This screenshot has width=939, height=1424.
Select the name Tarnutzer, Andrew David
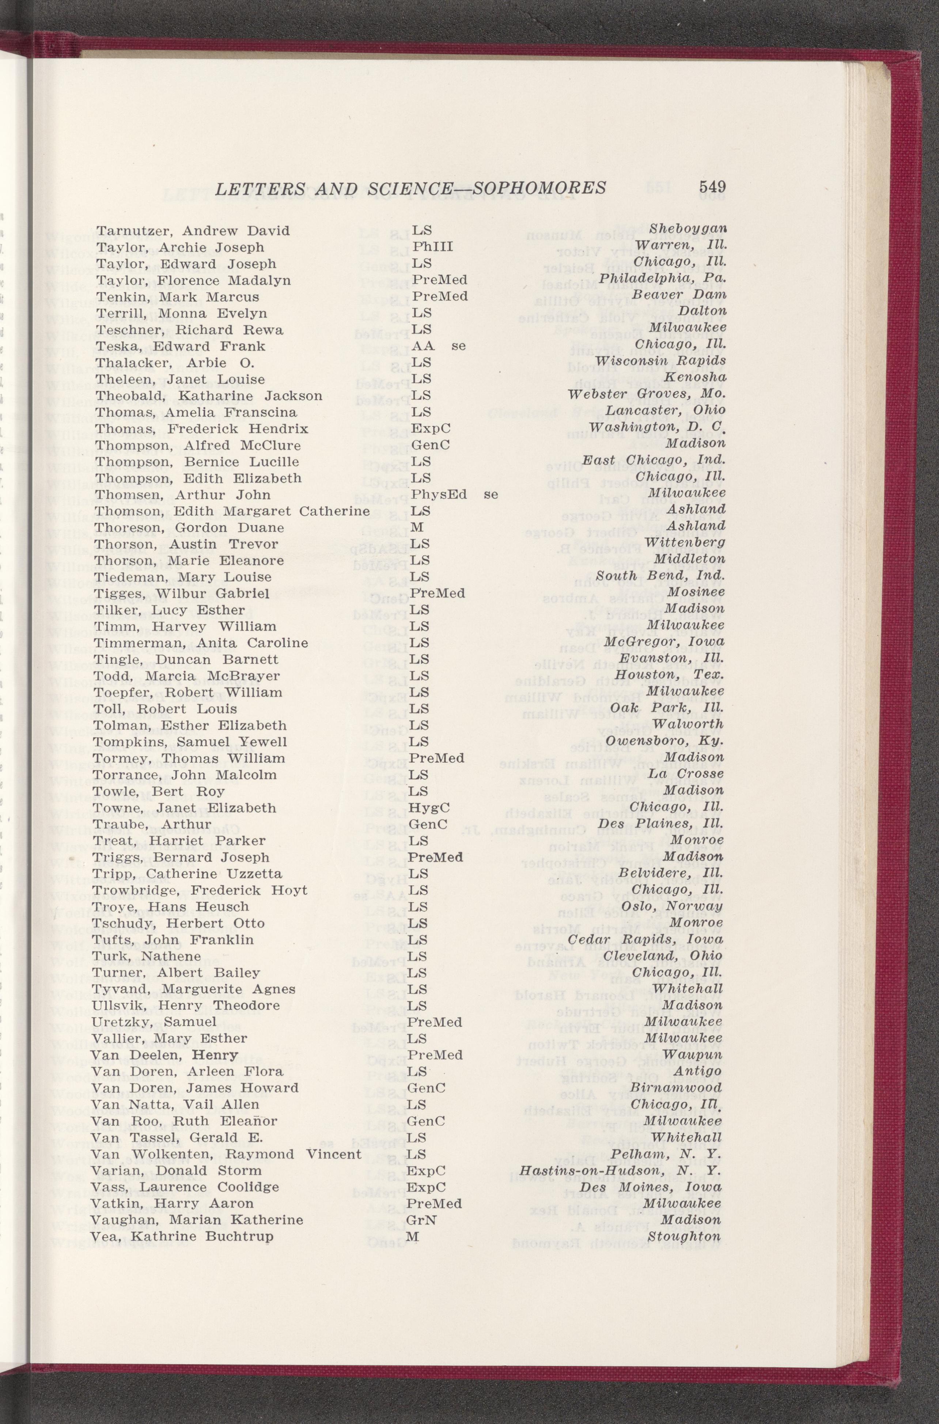193,231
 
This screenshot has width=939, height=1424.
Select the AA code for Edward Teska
423,346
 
